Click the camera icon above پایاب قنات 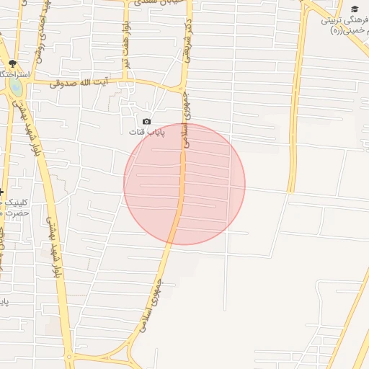pyautogui.click(x=146, y=122)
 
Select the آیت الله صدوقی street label pyautogui.click(x=81, y=84)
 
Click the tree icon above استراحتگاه pyautogui.click(x=12, y=64)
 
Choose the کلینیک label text pyautogui.click(x=14, y=203)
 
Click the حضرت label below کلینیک pyautogui.click(x=14, y=213)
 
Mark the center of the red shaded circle pyautogui.click(x=184, y=184)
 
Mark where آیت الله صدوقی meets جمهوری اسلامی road pyautogui.click(x=181, y=90)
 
